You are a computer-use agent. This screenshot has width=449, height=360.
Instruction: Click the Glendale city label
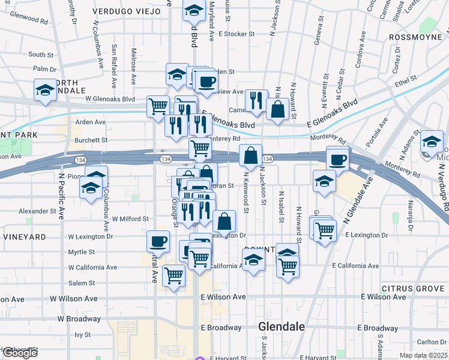[282, 327]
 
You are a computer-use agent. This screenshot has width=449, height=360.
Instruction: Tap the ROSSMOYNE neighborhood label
[416, 37]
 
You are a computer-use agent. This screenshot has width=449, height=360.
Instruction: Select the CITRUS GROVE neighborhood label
[413, 289]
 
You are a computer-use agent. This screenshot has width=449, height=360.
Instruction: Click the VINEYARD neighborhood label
[24, 237]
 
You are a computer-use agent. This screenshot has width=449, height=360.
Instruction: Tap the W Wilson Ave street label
[74, 298]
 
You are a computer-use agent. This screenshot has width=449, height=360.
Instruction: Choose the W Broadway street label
[79, 319]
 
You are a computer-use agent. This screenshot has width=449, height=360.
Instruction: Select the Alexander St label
[37, 211]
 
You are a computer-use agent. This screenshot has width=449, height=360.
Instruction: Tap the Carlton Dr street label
[431, 342]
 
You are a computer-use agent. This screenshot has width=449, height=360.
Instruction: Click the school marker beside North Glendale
[45, 91]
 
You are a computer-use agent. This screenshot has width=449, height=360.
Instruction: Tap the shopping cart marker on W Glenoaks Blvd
[158, 106]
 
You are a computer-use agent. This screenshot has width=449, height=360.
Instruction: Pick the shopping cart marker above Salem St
[173, 276]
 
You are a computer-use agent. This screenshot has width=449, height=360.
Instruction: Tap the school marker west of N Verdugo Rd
[432, 142]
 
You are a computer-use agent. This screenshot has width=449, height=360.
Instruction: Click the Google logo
[19, 353]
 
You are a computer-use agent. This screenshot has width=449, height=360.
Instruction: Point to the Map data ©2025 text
[423, 355]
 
